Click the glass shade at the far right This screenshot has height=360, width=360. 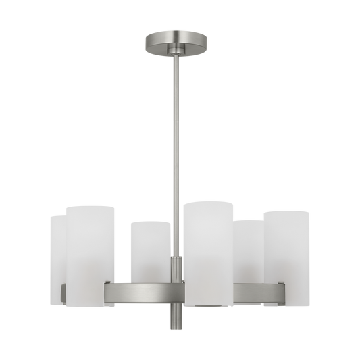click(x=287, y=247)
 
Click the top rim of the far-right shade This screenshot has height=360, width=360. click(x=288, y=211)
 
